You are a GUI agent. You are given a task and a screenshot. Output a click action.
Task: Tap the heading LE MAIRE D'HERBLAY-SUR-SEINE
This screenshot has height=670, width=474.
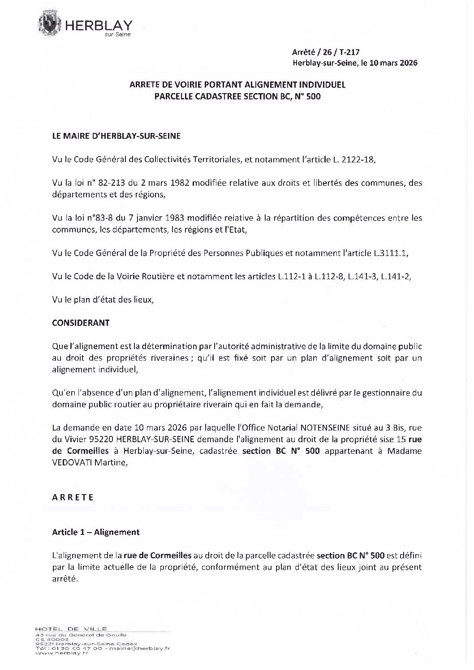pos(116,136)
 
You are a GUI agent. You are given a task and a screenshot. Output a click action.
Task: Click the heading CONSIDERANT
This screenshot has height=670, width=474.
pos(81,323)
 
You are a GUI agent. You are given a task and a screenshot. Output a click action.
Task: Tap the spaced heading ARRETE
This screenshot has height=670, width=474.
pos(73,497)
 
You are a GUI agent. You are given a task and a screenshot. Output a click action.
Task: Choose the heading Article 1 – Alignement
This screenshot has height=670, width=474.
pos(96,532)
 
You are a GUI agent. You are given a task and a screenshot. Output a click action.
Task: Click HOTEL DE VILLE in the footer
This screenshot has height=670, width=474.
pos(70,629)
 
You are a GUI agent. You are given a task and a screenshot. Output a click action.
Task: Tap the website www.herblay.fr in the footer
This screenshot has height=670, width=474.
pos(60,653)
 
